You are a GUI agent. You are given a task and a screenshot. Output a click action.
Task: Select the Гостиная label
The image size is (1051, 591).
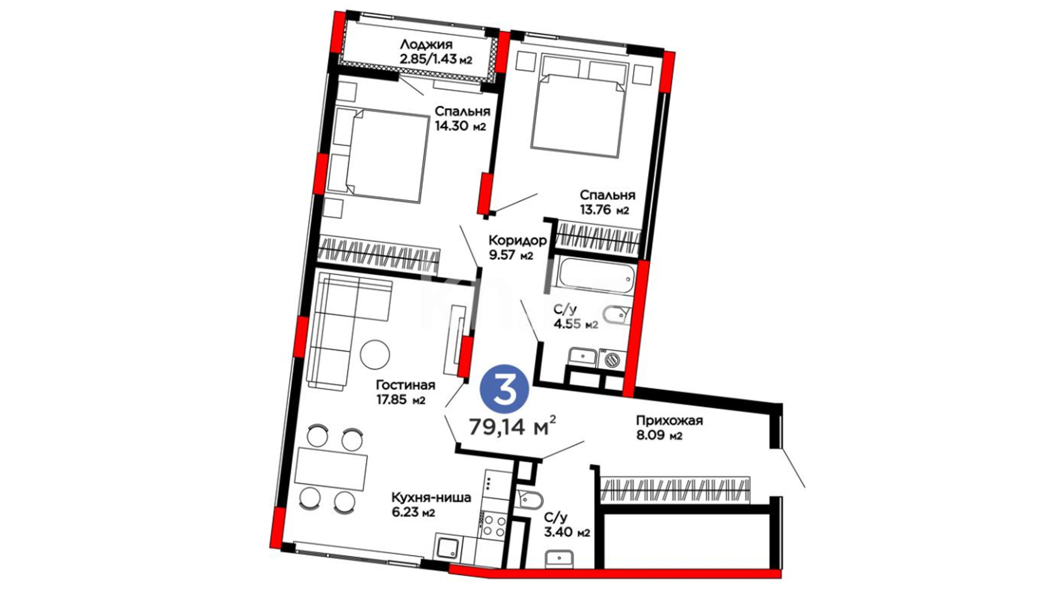(x=406, y=385)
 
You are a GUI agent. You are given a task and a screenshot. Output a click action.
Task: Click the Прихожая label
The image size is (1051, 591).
(x=669, y=421)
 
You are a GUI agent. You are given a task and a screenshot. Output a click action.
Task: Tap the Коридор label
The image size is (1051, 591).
(x=517, y=240)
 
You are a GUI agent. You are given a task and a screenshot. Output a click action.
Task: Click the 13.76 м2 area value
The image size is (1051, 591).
(x=604, y=209)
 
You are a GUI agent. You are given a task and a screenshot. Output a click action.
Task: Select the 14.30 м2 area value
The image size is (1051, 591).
(x=460, y=126)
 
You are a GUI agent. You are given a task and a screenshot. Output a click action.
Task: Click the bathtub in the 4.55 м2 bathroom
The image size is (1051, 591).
(x=595, y=278)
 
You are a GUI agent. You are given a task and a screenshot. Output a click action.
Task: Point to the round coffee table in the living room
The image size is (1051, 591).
(x=375, y=355)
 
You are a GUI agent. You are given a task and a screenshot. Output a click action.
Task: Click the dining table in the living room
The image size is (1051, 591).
(x=331, y=470)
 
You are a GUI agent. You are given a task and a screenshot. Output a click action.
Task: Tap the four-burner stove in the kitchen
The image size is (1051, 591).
(x=493, y=524)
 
